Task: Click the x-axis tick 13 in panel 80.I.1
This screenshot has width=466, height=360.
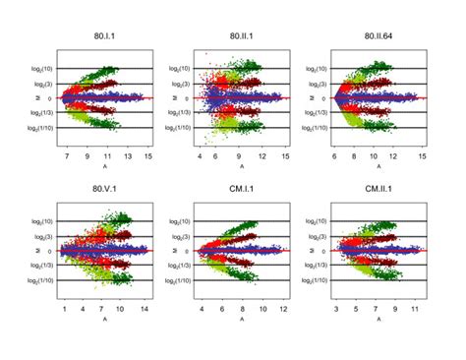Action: (x=128, y=155)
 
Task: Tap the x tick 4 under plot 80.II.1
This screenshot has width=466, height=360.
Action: (x=201, y=155)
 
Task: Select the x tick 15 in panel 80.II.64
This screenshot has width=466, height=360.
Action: (x=422, y=155)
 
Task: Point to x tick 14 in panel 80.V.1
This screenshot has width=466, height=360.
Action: (x=143, y=308)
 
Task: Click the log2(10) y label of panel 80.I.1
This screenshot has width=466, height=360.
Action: (x=40, y=69)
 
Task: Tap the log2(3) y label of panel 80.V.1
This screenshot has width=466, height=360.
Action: (x=40, y=236)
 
